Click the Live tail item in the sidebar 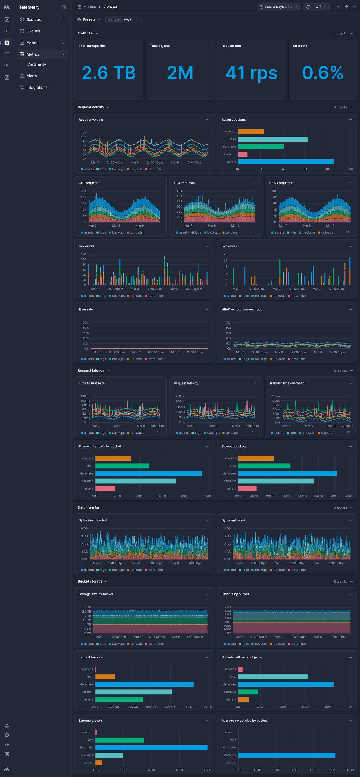(33, 31)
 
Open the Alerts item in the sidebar (31, 76)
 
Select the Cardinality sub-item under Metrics (36, 64)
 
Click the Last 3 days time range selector (278, 7)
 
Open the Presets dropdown (89, 19)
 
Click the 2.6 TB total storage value (109, 73)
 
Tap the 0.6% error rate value (322, 73)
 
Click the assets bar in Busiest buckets (286, 162)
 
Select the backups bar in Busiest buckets (242, 154)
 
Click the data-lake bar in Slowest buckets (287, 473)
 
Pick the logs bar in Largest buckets (105, 677)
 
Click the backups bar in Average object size (286, 755)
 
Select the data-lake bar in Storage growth (151, 748)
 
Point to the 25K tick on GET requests (84, 191)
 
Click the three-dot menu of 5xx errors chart (350, 246)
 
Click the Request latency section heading (91, 370)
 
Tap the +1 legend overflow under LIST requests (251, 232)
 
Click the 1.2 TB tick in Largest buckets (207, 707)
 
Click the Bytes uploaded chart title (233, 520)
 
